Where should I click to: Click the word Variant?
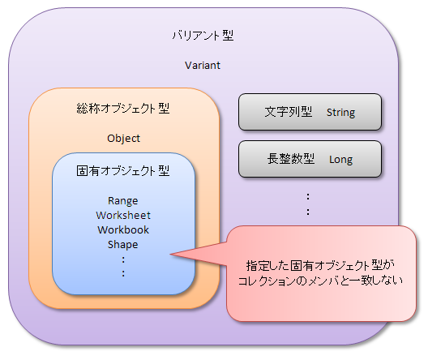pyautogui.click(x=203, y=66)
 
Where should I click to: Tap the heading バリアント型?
pyautogui.click(x=203, y=36)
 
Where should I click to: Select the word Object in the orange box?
pyautogui.click(x=124, y=139)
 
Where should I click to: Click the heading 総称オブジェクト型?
pyautogui.click(x=123, y=109)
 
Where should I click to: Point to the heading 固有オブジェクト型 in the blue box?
pyautogui.click(x=123, y=171)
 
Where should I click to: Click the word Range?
pyautogui.click(x=123, y=201)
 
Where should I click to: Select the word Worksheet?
pyautogui.click(x=123, y=216)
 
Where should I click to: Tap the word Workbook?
pyautogui.click(x=123, y=229)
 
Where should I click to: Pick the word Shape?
pyautogui.click(x=123, y=245)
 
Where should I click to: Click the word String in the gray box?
pyautogui.click(x=341, y=113)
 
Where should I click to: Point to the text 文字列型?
pyautogui.click(x=289, y=112)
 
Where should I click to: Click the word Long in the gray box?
pyautogui.click(x=341, y=160)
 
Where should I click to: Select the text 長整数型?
pyautogui.click(x=291, y=159)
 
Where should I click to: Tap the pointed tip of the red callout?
pyautogui.click(x=170, y=255)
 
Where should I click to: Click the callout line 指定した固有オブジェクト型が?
pyautogui.click(x=320, y=266)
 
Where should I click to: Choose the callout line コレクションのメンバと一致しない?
pyautogui.click(x=320, y=281)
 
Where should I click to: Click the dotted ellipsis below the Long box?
pyautogui.click(x=308, y=204)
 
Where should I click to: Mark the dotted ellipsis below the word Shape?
pyautogui.click(x=123, y=267)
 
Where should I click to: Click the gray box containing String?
pyautogui.click(x=310, y=112)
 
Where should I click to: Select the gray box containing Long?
pyautogui.click(x=310, y=159)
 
